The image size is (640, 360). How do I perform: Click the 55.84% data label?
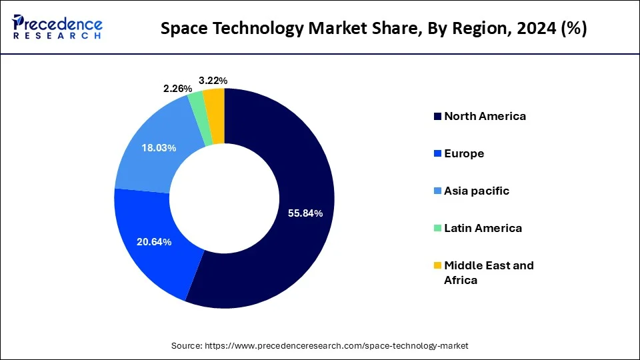coord(305,213)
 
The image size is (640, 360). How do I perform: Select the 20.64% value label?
coord(154,242)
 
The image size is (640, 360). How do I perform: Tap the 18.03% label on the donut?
coord(159,147)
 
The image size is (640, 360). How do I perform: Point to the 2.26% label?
coord(179,89)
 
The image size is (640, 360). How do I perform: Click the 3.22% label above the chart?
coord(213,81)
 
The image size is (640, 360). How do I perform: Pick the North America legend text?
coord(485,116)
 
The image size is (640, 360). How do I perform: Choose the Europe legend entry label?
coord(464,153)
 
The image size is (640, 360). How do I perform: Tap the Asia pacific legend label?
coord(476,191)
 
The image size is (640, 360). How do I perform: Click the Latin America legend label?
coord(483,228)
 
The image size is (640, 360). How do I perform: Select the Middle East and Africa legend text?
coord(489,272)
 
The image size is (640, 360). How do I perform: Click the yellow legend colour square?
coord(437,266)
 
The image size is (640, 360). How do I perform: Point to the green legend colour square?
coord(437,229)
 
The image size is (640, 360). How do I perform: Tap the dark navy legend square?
coord(437,117)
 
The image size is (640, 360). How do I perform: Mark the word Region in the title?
coord(473,30)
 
